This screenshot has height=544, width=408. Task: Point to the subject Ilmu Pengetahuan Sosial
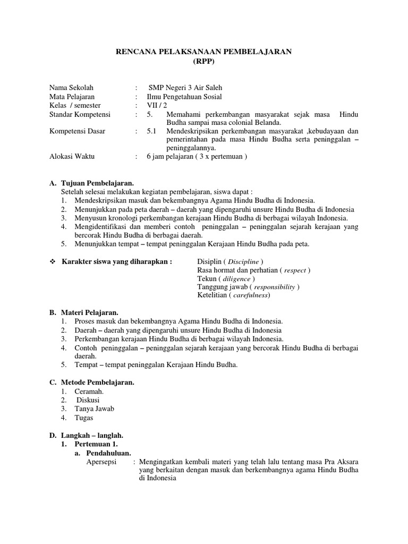point(184,97)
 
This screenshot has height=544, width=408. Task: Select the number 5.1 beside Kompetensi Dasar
point(152,131)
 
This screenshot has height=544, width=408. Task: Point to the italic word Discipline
point(242,262)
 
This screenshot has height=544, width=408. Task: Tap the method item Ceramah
point(89,391)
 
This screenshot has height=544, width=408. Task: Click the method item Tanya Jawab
point(95,409)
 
